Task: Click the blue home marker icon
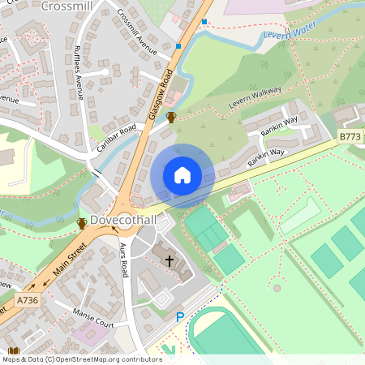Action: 182,175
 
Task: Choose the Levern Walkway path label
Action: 255,96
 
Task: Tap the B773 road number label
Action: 350,138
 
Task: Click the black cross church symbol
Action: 170,260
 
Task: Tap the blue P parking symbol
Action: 180,318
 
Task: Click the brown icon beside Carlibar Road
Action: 171,118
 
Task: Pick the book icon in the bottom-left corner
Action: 13,350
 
